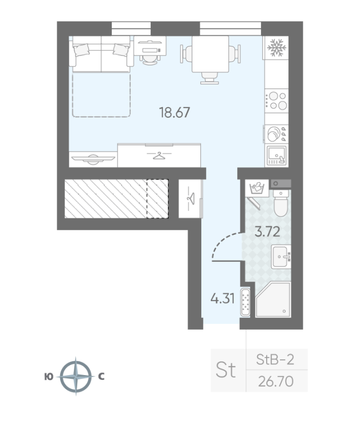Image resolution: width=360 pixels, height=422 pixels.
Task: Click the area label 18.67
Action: (x=174, y=112)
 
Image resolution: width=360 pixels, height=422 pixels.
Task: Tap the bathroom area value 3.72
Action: (x=267, y=232)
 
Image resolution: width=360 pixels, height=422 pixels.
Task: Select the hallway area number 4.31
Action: (x=222, y=299)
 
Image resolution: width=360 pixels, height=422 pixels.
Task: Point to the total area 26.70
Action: (x=276, y=381)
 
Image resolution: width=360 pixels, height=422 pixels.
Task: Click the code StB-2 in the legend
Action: (x=275, y=360)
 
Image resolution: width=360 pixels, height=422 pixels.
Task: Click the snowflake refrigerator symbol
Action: (x=276, y=48)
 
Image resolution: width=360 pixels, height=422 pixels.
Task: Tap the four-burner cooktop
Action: (x=277, y=101)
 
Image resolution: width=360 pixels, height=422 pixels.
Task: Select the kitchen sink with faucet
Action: (x=277, y=155)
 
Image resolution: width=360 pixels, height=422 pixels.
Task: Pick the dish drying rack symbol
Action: (x=276, y=133)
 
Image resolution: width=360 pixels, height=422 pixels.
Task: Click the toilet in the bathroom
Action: (x=281, y=203)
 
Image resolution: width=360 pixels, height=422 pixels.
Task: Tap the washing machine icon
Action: (x=257, y=188)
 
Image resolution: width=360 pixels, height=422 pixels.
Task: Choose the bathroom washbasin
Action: (x=281, y=257)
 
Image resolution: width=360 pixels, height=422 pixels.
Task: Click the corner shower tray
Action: (x=273, y=299)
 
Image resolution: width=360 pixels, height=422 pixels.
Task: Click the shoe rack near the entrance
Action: (x=245, y=302)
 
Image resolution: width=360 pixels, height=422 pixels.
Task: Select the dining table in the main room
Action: (x=210, y=54)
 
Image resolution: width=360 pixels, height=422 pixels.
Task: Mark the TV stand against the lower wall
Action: (x=93, y=159)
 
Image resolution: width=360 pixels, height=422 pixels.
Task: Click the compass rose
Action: (x=76, y=376)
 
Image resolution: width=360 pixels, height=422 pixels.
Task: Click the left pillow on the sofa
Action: (x=81, y=50)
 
